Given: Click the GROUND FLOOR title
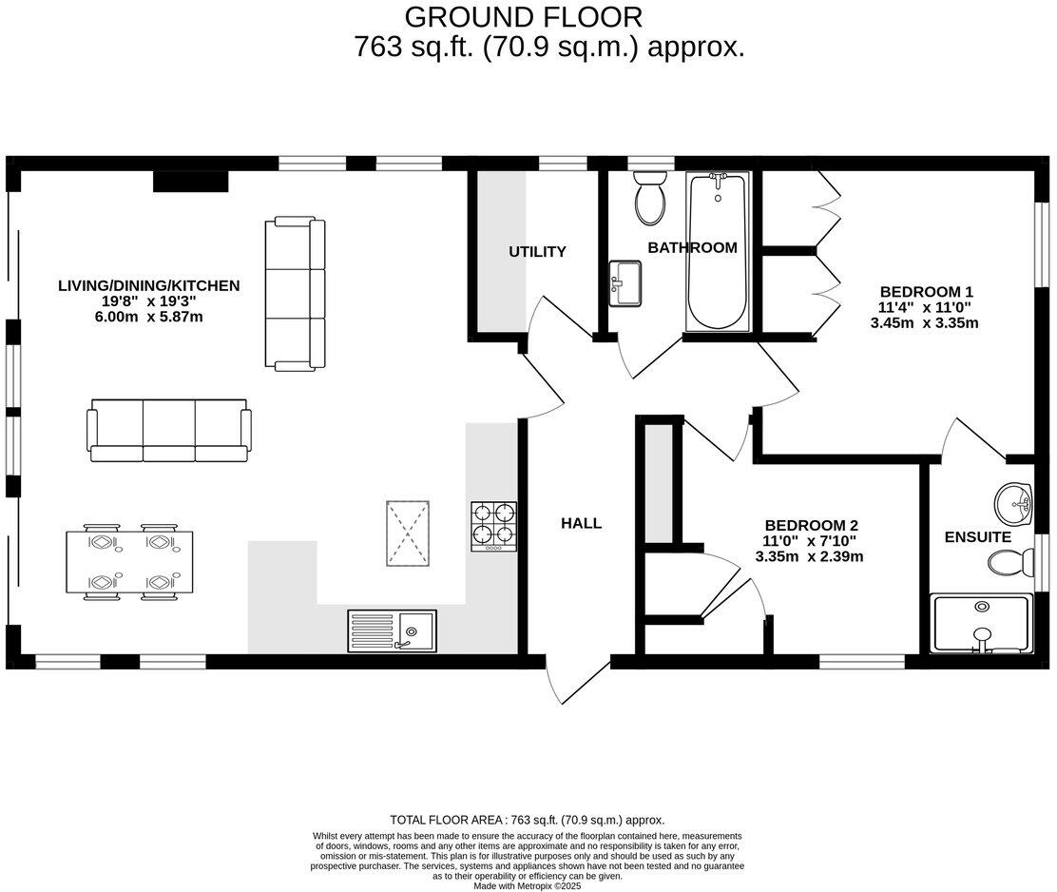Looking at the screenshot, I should [523, 16].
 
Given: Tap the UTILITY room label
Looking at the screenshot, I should [537, 252].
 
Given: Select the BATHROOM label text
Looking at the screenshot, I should [692, 247].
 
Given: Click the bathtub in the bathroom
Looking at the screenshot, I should [717, 252].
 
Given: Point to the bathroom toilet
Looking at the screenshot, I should [650, 197].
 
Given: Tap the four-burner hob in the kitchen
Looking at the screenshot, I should [493, 527].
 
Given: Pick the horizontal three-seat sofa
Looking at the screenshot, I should [168, 430].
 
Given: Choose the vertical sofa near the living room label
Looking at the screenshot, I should [294, 294].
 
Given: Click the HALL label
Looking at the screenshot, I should [581, 523].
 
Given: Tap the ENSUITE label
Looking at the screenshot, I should [977, 537].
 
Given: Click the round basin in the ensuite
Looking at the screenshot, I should [1014, 502].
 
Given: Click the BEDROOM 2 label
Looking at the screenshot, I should [812, 525].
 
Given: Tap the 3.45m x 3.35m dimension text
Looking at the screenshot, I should [924, 323].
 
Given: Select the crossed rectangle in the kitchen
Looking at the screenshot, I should [408, 533].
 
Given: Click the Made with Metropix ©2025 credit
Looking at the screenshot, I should [527, 885].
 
